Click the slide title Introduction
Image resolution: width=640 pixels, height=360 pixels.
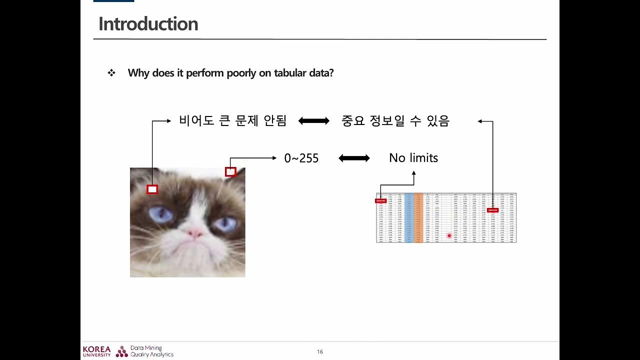[x=148, y=24]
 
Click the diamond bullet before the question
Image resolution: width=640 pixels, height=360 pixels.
[x=111, y=73]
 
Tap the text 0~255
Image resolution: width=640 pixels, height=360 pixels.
[x=301, y=158]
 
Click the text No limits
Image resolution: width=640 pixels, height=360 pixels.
[x=413, y=158]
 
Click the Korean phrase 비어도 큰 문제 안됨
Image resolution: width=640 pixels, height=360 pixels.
[x=232, y=121]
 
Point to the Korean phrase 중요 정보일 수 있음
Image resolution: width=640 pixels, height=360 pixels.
[x=395, y=121]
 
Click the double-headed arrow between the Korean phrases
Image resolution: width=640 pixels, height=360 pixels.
[x=314, y=121]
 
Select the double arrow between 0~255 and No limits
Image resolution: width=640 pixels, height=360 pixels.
[x=354, y=158]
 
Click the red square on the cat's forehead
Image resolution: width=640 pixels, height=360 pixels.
[x=152, y=189]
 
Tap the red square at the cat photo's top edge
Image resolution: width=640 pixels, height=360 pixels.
[x=230, y=172]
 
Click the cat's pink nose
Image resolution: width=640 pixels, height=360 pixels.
[x=194, y=232]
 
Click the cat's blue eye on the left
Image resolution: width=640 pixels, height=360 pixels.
[x=161, y=214]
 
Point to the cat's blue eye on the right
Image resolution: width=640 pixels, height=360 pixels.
[x=225, y=223]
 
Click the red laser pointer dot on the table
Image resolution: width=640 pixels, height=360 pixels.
[x=449, y=235]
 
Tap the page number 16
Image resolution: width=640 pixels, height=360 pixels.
[x=320, y=352]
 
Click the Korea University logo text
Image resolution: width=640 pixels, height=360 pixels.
[x=97, y=351]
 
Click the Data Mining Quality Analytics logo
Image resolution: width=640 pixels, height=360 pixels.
[x=145, y=351]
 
